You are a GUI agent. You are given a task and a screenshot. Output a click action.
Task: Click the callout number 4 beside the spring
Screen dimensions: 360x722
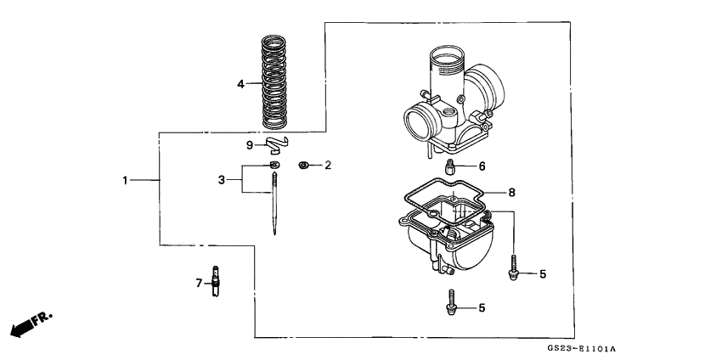click(x=240, y=84)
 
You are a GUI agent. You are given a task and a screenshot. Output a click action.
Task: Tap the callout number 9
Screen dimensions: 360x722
click(x=250, y=144)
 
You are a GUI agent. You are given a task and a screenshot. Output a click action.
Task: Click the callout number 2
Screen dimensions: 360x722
click(x=328, y=164)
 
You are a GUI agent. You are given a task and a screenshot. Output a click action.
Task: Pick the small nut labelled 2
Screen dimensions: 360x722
click(x=303, y=164)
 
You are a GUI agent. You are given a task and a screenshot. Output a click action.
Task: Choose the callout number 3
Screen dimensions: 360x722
click(x=222, y=180)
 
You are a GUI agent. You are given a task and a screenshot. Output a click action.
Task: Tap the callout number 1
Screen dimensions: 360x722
click(x=125, y=180)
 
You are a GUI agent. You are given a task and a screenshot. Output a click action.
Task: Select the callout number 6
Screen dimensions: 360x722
click(x=482, y=166)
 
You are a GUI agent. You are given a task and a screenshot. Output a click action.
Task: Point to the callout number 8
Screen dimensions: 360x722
click(x=511, y=193)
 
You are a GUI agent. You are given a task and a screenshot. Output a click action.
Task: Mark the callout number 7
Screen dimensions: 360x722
click(x=200, y=282)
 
